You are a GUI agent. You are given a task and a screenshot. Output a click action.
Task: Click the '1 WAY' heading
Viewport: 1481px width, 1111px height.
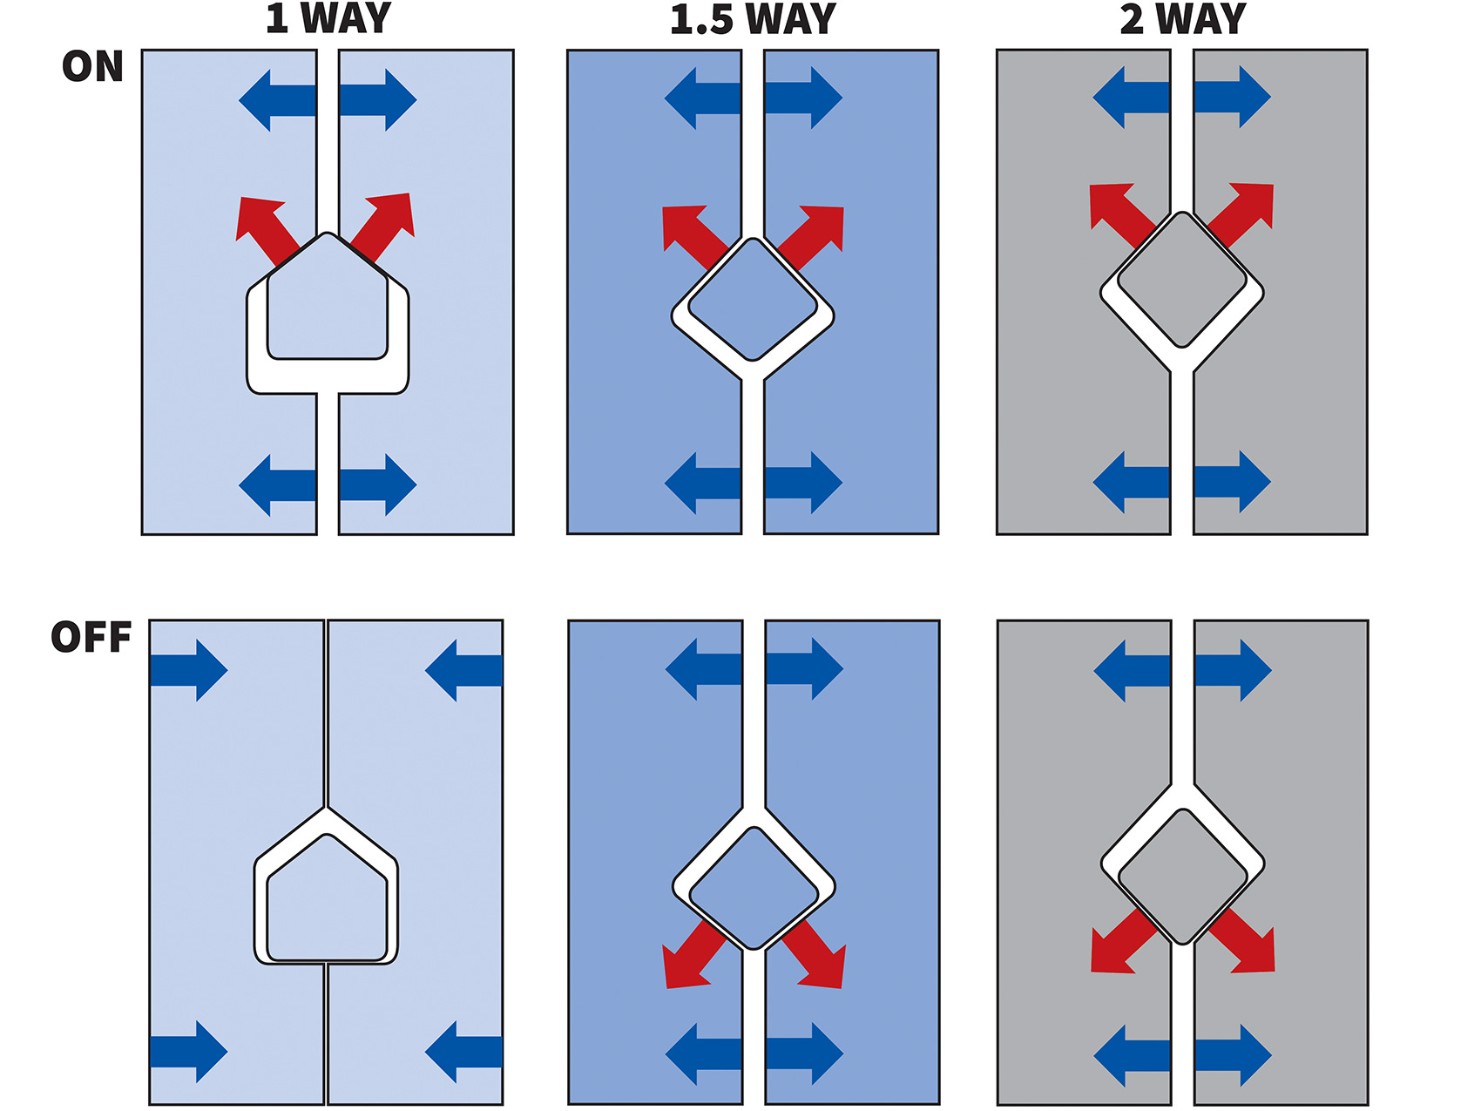328,19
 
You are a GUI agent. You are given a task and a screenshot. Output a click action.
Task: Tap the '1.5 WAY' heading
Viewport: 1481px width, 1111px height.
753,19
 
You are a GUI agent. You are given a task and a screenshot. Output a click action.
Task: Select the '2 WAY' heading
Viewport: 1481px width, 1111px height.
1182,19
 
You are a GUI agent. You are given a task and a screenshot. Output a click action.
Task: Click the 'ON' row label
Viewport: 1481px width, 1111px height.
92,67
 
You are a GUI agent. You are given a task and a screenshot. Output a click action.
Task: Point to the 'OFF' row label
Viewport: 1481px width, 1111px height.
91,637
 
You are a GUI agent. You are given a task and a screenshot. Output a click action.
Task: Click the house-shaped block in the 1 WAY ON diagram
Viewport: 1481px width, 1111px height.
327,305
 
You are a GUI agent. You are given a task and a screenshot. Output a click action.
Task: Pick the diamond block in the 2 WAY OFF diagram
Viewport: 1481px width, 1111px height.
1182,876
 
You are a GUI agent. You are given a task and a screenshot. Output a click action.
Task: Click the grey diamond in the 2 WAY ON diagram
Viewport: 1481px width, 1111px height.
1182,279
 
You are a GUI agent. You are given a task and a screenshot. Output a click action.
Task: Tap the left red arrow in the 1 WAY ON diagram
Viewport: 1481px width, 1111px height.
264,227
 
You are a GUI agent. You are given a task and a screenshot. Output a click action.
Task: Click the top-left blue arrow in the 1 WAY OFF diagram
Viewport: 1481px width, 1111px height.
188,670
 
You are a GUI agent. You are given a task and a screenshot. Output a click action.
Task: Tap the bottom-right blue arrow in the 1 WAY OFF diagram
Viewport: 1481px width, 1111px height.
463,1052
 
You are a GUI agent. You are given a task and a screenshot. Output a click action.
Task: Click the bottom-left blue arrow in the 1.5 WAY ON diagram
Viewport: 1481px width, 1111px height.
703,483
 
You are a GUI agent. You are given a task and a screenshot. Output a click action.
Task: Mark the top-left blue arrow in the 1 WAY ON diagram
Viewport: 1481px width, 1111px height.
277,100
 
